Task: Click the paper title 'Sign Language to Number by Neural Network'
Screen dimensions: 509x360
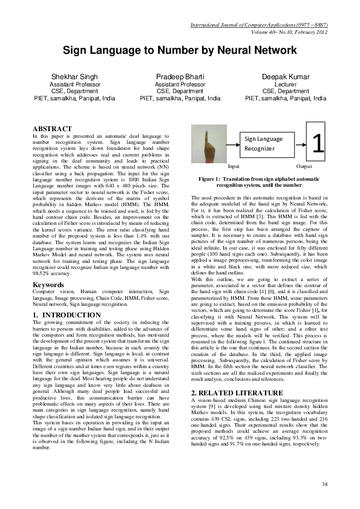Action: (180, 53)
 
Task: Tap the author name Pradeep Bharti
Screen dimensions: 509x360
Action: (180, 77)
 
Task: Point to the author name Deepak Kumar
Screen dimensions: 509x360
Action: (285, 77)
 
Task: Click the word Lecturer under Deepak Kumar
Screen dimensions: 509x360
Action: (285, 85)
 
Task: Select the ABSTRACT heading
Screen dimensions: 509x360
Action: (52, 129)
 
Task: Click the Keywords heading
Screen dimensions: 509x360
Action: (48, 284)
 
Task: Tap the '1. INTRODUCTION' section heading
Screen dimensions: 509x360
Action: (67, 315)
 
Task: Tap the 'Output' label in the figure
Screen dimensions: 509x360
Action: (304, 165)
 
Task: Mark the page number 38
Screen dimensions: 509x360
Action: (324, 484)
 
